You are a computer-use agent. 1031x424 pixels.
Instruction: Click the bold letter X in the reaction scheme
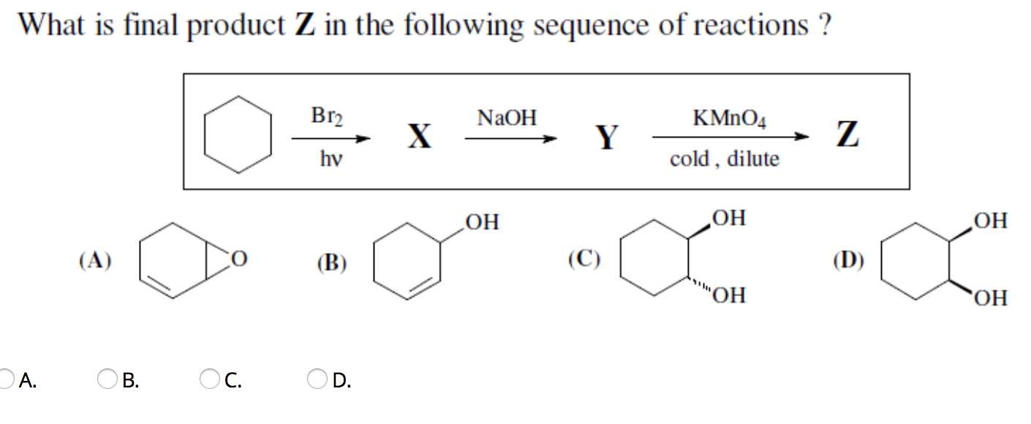(x=418, y=137)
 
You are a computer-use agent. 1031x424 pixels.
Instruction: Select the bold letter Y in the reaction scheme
(x=606, y=137)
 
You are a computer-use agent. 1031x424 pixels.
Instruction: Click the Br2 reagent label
(x=327, y=116)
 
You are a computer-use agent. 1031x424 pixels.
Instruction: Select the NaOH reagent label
(x=506, y=117)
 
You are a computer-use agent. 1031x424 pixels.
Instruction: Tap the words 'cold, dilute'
(x=725, y=159)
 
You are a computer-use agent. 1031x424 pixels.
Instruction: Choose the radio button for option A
(x=6, y=379)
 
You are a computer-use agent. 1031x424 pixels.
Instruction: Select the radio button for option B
(x=107, y=379)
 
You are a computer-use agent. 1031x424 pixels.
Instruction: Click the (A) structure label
(x=95, y=260)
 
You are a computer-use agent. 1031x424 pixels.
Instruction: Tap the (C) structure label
(x=584, y=259)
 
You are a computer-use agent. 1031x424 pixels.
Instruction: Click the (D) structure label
(x=848, y=260)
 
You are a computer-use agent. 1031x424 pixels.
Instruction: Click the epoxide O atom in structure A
(x=240, y=259)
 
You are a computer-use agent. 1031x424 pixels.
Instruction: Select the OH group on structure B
(x=482, y=222)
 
